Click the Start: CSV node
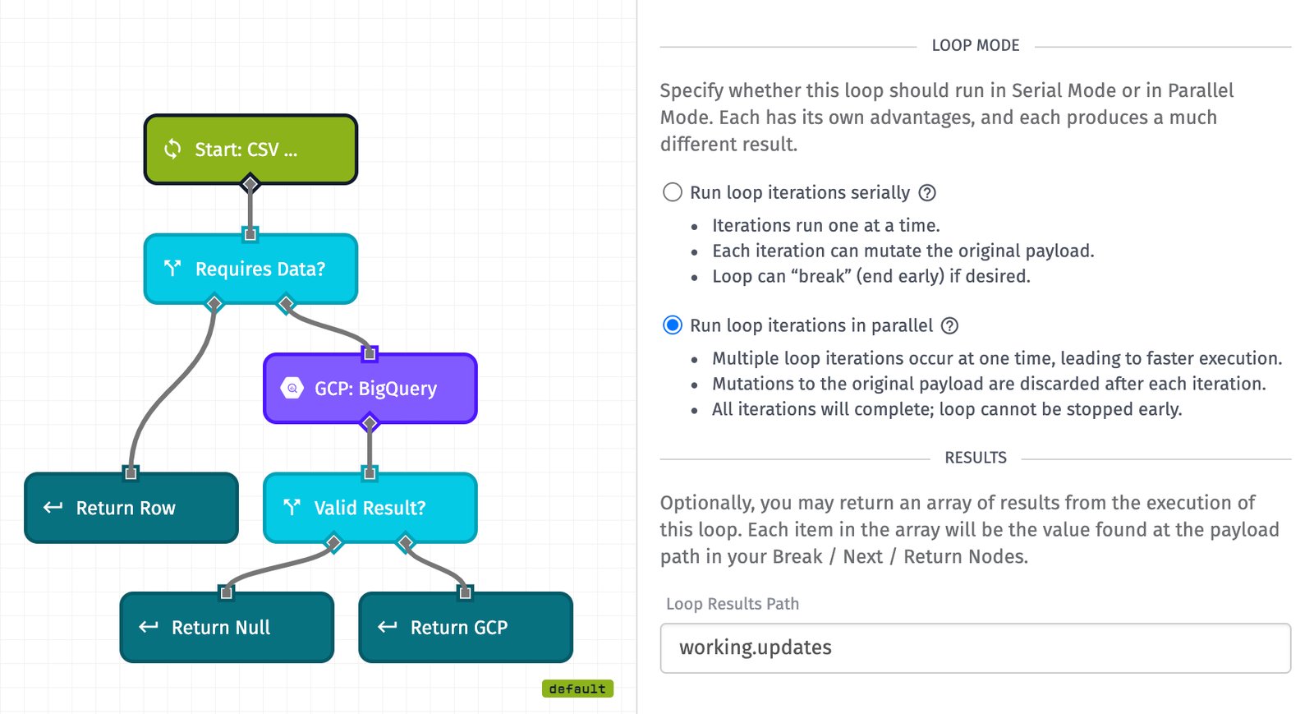(x=250, y=150)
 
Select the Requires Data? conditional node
(x=250, y=269)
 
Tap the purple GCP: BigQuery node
(x=370, y=389)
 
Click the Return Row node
(x=131, y=508)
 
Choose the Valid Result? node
(x=370, y=508)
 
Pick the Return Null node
(x=227, y=628)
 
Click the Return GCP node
(x=466, y=628)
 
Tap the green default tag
(x=577, y=689)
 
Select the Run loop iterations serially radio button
(x=673, y=192)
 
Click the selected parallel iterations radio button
(x=673, y=325)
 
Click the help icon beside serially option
(x=927, y=193)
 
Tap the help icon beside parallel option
(x=949, y=326)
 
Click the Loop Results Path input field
(x=975, y=647)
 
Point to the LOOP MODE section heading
(x=975, y=46)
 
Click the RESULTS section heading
(x=975, y=458)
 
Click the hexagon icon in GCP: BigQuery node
(x=292, y=388)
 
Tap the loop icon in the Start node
(x=172, y=149)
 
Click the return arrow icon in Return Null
(x=149, y=627)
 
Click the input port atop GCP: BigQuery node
(x=370, y=354)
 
